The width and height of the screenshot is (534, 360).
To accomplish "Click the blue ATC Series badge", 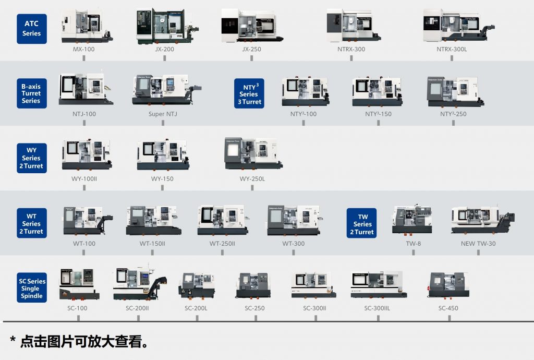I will (31, 28).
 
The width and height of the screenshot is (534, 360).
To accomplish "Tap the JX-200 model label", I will (164, 49).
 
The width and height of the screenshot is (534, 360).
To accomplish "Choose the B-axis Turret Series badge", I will (31, 93).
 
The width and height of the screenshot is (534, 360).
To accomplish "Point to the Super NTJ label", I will (163, 114).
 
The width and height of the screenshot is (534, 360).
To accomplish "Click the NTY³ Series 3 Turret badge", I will (249, 94).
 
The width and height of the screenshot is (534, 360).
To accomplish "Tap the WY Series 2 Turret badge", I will (31, 158).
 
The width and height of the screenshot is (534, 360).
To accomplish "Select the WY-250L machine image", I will (253, 154).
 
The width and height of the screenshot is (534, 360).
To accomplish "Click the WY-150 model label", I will (162, 179).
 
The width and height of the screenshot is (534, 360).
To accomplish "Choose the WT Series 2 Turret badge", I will (31, 223).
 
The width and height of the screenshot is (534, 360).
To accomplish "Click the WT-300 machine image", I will (293, 220).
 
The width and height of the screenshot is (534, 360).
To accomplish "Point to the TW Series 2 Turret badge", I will (362, 224).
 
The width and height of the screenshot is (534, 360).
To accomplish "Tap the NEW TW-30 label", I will (478, 244).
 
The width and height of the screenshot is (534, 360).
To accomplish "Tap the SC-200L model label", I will (196, 308).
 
